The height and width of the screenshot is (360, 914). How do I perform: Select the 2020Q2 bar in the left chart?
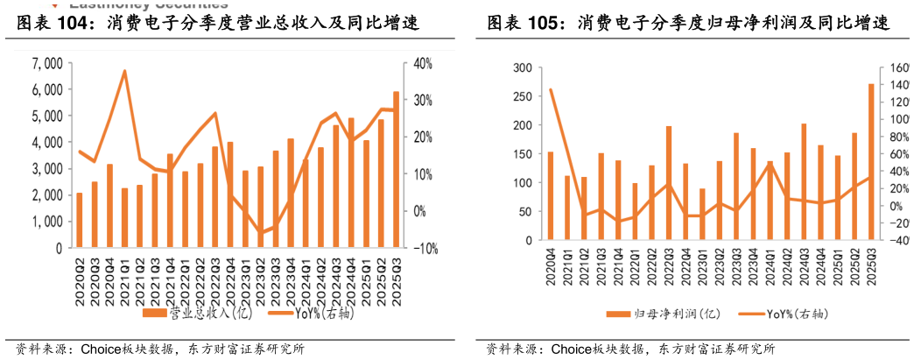pyautogui.click(x=80, y=220)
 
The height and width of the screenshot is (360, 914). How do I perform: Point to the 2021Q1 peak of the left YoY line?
pyautogui.click(x=125, y=70)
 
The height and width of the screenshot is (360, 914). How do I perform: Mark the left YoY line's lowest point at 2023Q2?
pyautogui.click(x=260, y=233)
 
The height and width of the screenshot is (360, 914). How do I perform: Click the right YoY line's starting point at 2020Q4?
pyautogui.click(x=551, y=89)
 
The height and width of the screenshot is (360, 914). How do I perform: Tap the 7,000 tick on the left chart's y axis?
pyautogui.click(x=46, y=63)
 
